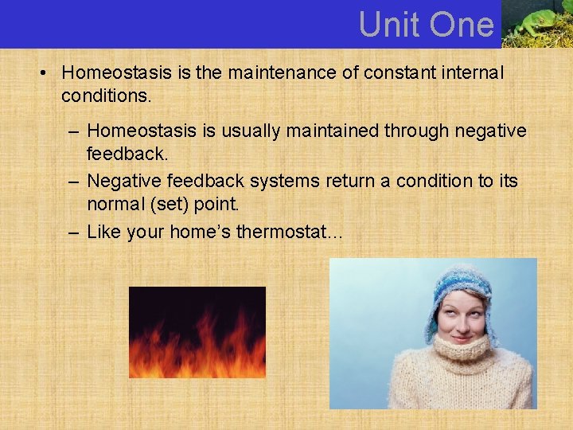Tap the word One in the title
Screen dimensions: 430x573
[x=462, y=25]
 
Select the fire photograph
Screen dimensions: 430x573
[x=197, y=332]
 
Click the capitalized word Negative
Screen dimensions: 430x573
[x=120, y=181]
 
